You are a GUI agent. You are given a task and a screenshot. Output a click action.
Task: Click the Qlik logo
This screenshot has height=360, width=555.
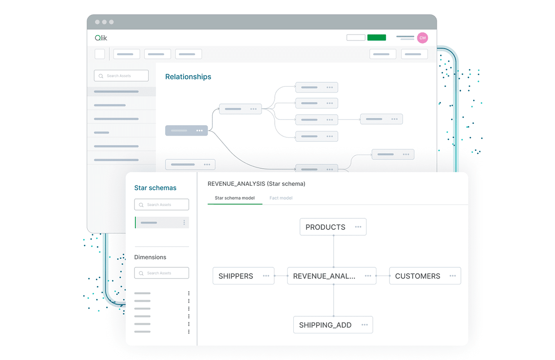point(101,38)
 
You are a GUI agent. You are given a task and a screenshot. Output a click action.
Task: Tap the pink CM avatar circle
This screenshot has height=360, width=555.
point(422,38)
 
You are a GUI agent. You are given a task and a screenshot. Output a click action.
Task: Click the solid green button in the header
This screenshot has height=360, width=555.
point(376,38)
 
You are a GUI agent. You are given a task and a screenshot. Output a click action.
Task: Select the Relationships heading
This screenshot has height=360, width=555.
point(188,77)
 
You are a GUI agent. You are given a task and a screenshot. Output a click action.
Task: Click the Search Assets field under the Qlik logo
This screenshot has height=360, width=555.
point(121,76)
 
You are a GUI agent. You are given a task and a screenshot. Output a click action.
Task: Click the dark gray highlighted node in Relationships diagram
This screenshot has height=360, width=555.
point(186,130)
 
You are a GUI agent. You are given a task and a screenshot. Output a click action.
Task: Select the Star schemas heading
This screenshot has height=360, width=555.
point(155,188)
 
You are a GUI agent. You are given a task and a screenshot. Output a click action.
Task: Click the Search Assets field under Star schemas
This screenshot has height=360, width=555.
point(161,205)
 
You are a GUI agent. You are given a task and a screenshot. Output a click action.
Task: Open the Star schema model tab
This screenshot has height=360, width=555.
point(235,198)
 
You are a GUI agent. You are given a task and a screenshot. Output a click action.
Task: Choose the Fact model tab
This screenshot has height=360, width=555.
point(281,198)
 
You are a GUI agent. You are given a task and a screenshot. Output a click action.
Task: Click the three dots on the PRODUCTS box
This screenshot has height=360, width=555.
point(358,227)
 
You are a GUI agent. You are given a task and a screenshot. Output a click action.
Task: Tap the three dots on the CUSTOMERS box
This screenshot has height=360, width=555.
point(452,276)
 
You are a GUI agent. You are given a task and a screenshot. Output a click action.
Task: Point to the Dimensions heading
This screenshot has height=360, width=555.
point(150,257)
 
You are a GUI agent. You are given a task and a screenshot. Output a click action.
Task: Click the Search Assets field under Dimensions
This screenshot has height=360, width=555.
point(161,273)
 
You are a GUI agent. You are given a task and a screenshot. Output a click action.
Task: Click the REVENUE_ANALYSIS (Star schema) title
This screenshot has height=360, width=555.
point(256,184)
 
